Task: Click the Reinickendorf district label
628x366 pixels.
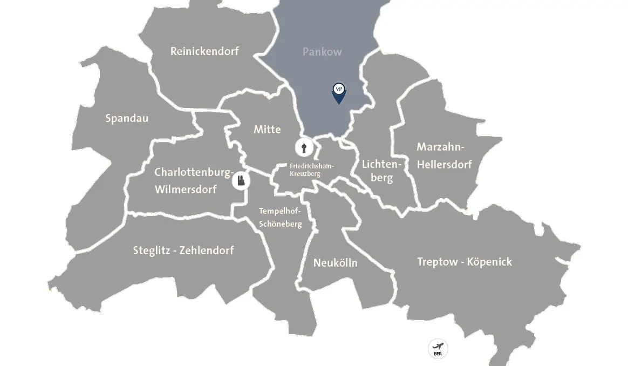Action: tap(204, 51)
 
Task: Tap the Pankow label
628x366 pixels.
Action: tap(322, 52)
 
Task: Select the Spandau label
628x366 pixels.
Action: tap(127, 118)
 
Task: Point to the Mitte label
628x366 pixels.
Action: tap(267, 130)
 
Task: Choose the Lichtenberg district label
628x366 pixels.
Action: tap(382, 171)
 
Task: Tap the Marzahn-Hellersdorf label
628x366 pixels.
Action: tap(444, 155)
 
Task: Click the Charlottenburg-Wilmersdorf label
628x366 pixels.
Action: tap(193, 181)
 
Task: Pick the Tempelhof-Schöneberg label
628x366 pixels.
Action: tap(280, 217)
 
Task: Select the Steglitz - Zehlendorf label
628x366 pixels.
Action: tap(183, 250)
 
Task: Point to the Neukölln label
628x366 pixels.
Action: tap(335, 263)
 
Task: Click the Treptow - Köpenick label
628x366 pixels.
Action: tap(465, 262)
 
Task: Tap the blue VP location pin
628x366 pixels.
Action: tap(338, 92)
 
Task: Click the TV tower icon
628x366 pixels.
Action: tap(303, 147)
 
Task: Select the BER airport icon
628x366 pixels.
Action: tap(438, 348)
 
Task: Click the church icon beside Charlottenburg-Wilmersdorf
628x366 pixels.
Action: tap(241, 180)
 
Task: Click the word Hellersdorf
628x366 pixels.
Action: tap(444, 165)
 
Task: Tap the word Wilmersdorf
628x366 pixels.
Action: tap(186, 189)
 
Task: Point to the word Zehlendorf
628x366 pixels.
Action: tap(207, 250)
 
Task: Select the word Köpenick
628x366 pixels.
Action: tap(487, 262)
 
